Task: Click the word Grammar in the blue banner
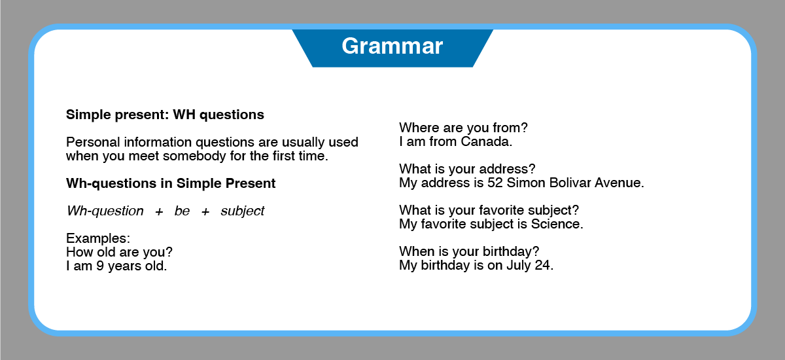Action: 392,46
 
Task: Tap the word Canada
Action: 487,141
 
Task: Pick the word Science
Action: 557,224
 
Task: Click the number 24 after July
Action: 544,265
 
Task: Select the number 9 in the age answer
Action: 100,266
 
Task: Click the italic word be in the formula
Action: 182,211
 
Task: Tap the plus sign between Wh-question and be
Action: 159,211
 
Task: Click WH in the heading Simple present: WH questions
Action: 184,115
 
